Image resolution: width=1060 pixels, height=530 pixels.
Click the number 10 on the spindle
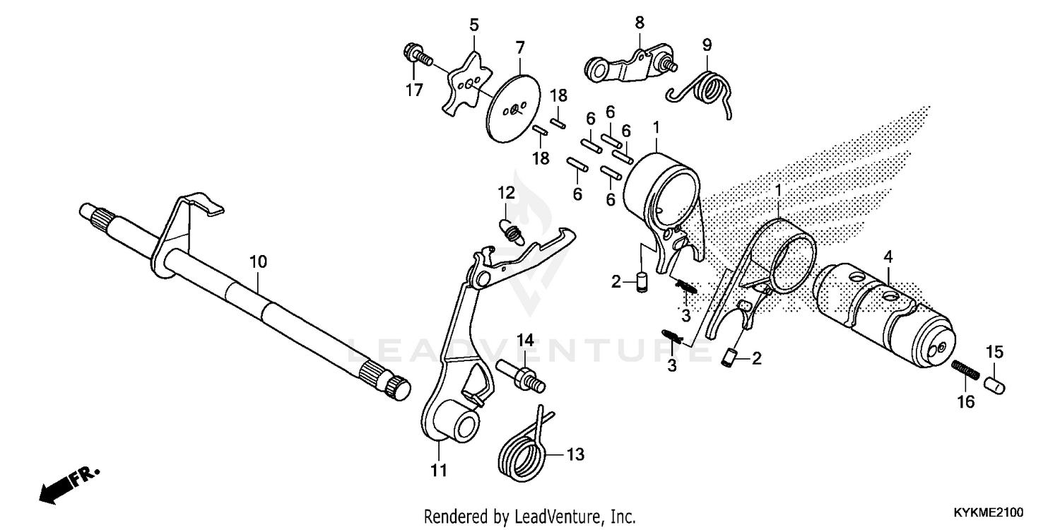click(x=258, y=261)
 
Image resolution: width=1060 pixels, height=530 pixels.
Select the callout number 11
click(x=439, y=470)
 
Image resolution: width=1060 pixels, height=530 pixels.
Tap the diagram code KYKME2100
click(x=987, y=511)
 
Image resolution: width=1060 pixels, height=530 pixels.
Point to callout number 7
click(x=520, y=48)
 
